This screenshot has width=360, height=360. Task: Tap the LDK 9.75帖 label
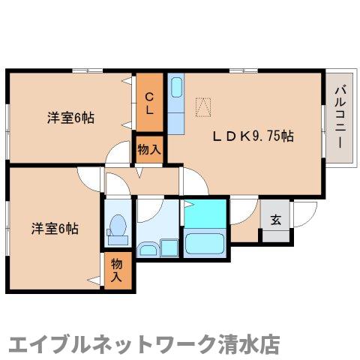click(253, 137)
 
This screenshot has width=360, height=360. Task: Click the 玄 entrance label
click(275, 220)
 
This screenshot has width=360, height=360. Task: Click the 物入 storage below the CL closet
click(148, 149)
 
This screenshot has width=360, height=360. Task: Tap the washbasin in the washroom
click(147, 247)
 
